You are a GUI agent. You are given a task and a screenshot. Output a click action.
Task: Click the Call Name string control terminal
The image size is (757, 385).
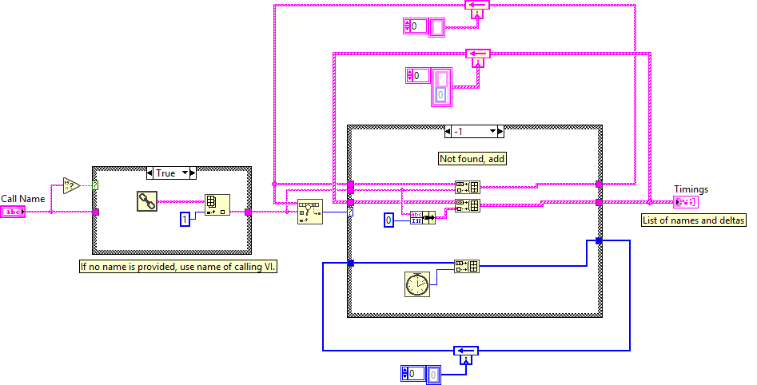coord(14,212)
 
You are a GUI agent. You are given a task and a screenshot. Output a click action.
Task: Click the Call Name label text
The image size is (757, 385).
coord(23,199)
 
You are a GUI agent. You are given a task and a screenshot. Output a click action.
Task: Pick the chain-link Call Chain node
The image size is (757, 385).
coord(147,201)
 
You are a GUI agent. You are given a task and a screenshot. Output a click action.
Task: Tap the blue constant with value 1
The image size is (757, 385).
coord(185,218)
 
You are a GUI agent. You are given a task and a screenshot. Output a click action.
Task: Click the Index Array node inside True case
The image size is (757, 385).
coord(216,205)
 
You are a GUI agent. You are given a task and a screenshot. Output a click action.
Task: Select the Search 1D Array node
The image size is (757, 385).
coord(309,212)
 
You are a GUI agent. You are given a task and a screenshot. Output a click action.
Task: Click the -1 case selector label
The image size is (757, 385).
coord(474,132)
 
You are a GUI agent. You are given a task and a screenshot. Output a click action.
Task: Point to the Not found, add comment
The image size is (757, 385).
coord(472,159)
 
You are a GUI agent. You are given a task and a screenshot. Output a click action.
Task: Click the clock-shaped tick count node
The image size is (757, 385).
coord(416,283)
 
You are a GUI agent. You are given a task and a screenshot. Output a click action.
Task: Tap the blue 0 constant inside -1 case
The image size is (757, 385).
coord(389,220)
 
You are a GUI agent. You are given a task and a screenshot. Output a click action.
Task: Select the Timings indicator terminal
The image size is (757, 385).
coord(684,202)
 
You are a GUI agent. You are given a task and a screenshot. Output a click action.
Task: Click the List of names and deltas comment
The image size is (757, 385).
coord(693,220)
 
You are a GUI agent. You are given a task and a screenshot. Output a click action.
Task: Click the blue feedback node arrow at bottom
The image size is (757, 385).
coord(464,351)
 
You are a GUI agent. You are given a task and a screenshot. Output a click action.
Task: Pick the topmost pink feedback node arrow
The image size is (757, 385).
coord(476,5)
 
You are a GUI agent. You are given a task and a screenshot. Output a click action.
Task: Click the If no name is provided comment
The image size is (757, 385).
coord(177,268)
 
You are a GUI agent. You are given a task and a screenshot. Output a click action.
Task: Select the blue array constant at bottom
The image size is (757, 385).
coord(419,372)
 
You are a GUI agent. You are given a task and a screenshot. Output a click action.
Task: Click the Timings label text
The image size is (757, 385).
coord(691,189)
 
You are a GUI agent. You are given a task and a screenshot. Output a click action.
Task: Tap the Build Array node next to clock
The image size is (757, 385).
coord(467,266)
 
